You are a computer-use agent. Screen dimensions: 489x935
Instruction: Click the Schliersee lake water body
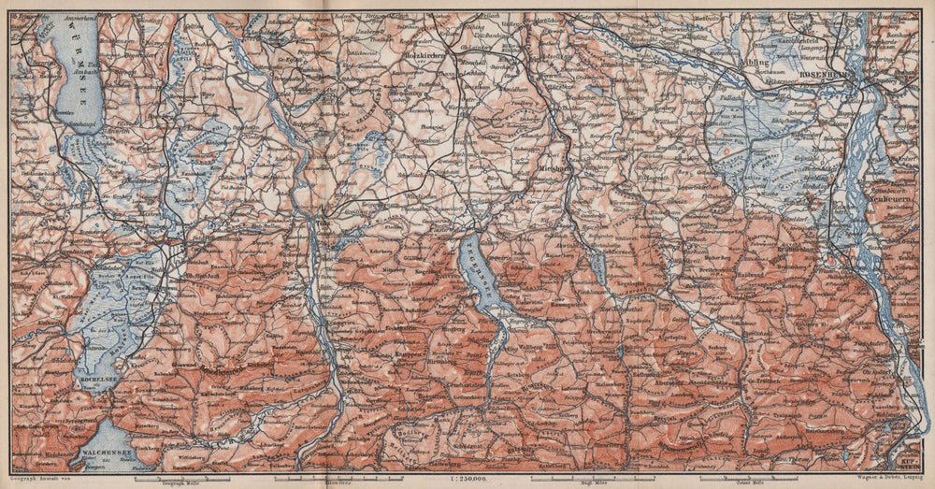pos(599,267)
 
